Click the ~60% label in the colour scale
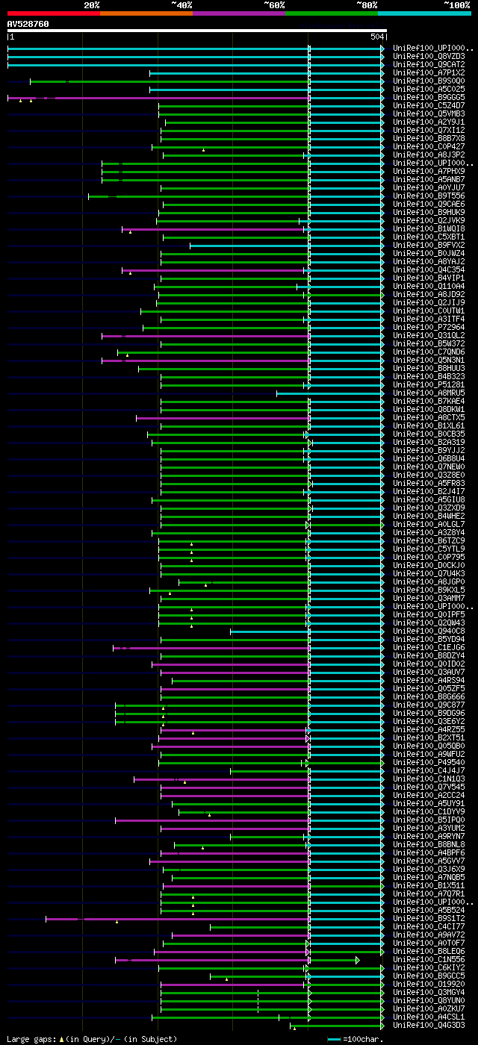274,5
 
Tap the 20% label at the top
92,5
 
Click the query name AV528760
28,24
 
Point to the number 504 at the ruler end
376,37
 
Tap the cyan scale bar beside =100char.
334,1039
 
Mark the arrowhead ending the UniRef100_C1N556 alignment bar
357,959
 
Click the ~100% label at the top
456,5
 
